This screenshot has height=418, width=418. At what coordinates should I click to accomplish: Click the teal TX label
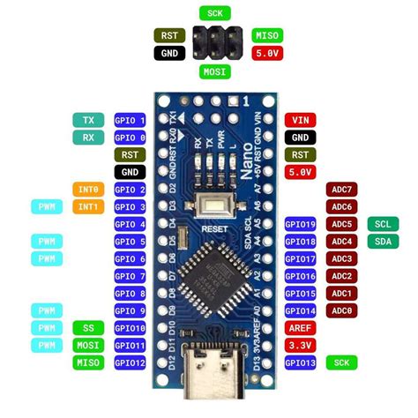pyautogui.click(x=88, y=121)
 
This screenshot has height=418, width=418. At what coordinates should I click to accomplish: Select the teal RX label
pyautogui.click(x=88, y=138)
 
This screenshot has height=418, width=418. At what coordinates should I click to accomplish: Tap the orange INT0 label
pyautogui.click(x=88, y=190)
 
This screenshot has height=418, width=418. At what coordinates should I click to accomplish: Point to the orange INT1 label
pyautogui.click(x=88, y=207)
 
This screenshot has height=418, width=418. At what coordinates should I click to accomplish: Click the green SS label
pyautogui.click(x=88, y=328)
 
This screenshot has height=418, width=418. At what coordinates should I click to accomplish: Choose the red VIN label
pyautogui.click(x=301, y=121)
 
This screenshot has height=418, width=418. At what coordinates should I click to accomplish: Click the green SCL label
pyautogui.click(x=382, y=224)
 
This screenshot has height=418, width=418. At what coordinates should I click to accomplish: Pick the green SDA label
pyautogui.click(x=382, y=242)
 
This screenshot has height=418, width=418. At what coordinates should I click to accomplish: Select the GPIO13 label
pyautogui.click(x=301, y=362)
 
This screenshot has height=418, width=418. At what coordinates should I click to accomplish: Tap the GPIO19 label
pyautogui.click(x=301, y=224)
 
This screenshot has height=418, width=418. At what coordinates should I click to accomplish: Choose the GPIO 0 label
pyautogui.click(x=131, y=138)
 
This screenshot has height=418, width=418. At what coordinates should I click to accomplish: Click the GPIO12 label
pyautogui.click(x=131, y=362)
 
